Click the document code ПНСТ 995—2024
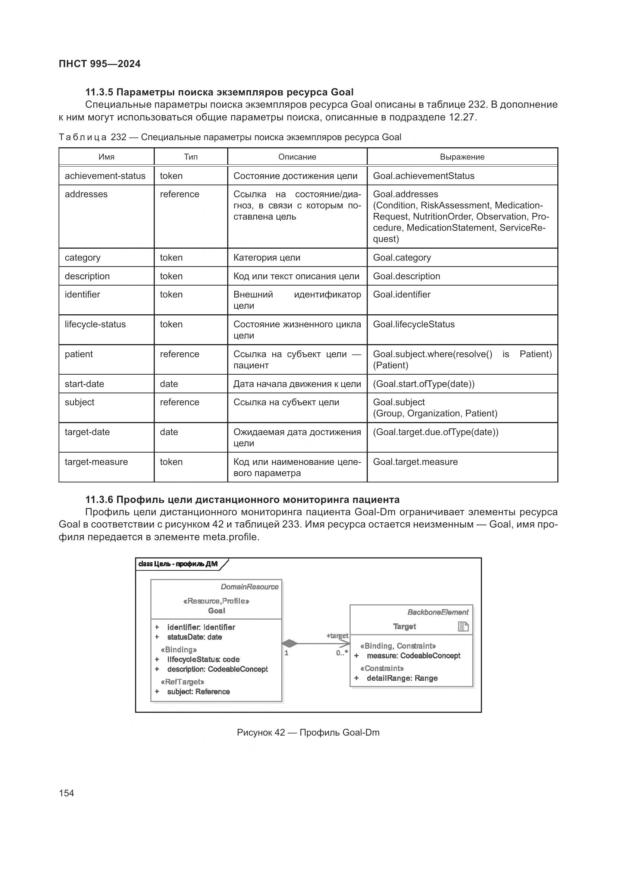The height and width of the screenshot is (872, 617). click(x=100, y=64)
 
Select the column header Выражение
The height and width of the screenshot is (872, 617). click(x=462, y=157)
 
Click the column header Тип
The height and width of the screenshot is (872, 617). click(x=191, y=157)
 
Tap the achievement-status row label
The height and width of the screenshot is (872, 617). click(x=105, y=176)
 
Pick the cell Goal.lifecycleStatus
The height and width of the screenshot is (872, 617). click(x=414, y=324)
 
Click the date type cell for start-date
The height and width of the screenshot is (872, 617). click(x=169, y=384)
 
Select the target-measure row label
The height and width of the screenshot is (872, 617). click(x=96, y=462)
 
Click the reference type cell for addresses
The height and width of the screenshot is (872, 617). click(x=179, y=194)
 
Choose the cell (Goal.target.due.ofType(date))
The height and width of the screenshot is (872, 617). click(x=435, y=432)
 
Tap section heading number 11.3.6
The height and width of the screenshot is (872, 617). click(x=99, y=500)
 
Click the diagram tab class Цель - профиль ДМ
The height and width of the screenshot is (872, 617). click(x=178, y=564)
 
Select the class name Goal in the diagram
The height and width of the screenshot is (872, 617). click(x=216, y=611)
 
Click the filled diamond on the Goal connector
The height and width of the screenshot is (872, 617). click(x=290, y=644)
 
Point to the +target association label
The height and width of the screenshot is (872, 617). click(x=337, y=636)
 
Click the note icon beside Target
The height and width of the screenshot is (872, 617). click(x=463, y=627)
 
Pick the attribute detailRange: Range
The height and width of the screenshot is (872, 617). click(x=402, y=678)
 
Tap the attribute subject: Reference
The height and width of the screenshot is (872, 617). click(x=198, y=692)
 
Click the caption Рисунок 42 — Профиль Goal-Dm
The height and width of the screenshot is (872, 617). click(x=308, y=733)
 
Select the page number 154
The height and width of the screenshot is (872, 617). click(x=66, y=793)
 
